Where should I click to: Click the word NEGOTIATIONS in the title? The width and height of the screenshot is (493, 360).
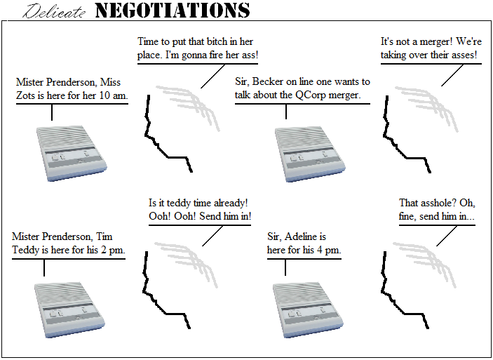click(x=172, y=11)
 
